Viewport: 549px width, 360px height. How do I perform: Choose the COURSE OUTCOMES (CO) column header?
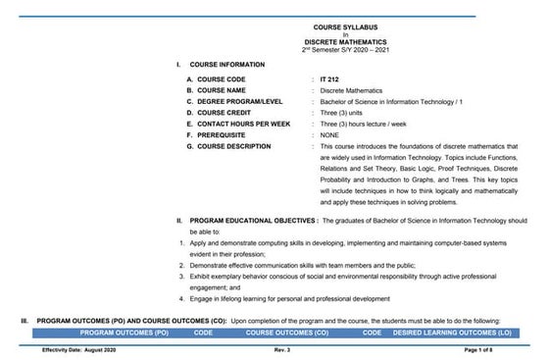[291, 334]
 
